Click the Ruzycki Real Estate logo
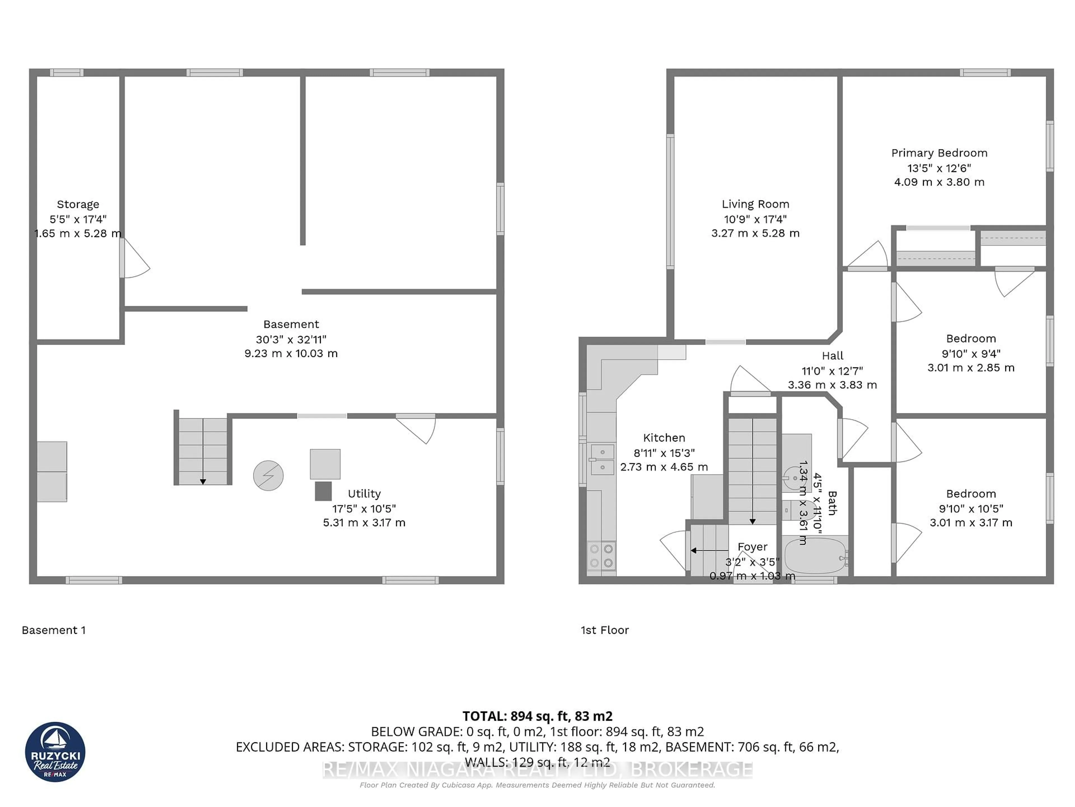point(55,752)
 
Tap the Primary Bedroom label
point(939,153)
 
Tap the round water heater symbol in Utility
point(268,475)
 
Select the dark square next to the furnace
point(323,491)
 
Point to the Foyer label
point(752,547)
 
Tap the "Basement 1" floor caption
point(53,630)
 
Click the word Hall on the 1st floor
point(833,356)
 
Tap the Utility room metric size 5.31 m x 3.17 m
point(364,522)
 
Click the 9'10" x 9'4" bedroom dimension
point(971,354)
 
